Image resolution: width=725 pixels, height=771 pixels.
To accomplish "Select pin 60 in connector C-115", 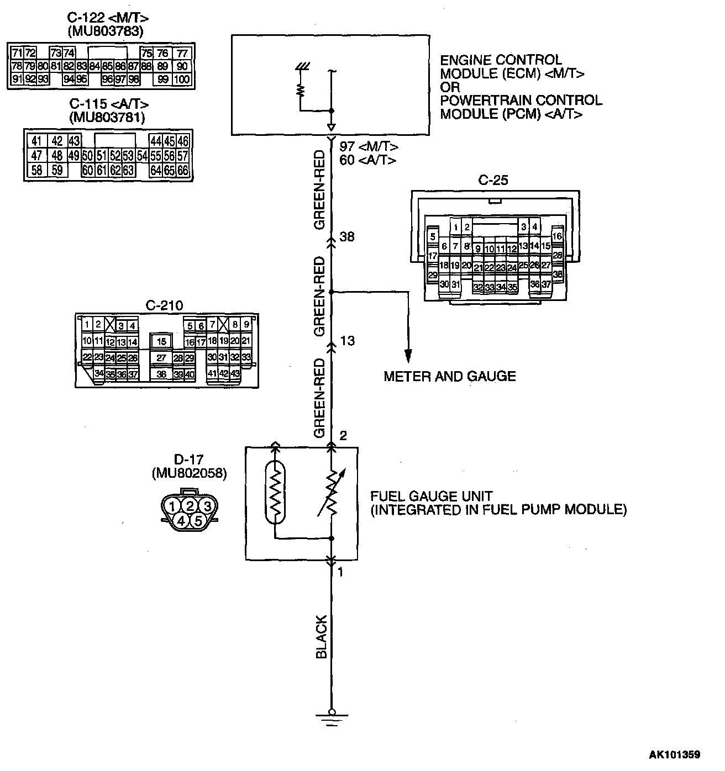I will click(87, 170).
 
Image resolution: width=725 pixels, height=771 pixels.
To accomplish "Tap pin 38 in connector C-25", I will click(558, 274).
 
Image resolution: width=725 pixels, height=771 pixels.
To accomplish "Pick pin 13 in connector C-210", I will click(122, 342).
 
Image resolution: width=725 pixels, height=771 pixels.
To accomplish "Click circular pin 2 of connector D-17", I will click(190, 505).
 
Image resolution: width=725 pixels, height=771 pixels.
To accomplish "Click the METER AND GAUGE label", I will click(449, 377).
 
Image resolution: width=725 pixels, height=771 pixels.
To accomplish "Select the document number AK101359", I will click(674, 754).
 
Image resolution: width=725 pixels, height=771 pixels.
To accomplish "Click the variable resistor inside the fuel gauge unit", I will click(332, 493).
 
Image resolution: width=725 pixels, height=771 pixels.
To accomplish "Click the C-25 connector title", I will click(493, 180).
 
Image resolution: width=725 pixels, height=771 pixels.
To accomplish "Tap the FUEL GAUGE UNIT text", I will click(431, 496).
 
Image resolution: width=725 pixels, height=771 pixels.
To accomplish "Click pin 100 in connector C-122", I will click(182, 80).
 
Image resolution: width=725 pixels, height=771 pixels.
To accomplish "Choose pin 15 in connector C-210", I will click(161, 342).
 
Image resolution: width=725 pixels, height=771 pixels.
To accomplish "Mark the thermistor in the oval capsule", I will click(275, 493).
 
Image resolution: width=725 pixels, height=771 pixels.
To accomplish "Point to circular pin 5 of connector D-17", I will click(198, 520).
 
